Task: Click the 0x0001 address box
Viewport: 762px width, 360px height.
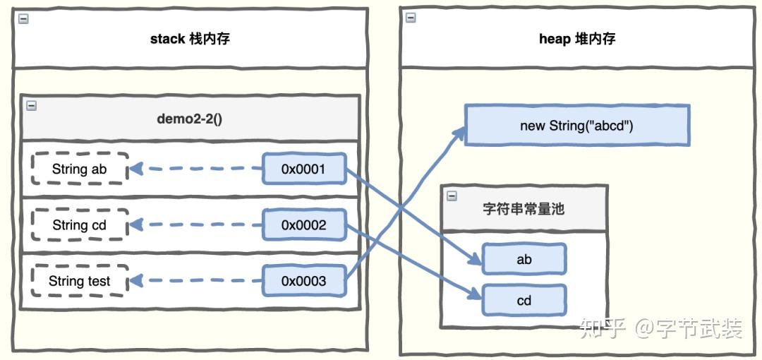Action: pos(304,169)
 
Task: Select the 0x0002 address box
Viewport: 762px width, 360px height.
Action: pos(304,225)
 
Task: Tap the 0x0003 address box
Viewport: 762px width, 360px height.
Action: pos(304,281)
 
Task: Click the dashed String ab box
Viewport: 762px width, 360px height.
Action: pos(80,169)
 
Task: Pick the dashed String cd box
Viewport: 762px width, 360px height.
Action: pos(80,225)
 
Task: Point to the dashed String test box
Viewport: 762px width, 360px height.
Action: pos(80,281)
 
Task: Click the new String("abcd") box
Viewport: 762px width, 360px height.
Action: pos(576,126)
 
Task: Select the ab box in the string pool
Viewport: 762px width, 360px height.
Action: pos(524,259)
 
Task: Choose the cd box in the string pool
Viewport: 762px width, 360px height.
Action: pos(524,301)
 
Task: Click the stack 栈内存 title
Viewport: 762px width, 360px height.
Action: pos(190,39)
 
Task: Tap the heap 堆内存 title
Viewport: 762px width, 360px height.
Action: pos(577,39)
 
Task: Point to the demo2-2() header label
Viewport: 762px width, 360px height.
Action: pos(189,118)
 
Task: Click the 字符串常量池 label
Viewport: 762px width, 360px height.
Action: pos(524,209)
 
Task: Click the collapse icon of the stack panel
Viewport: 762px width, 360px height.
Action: pos(23,19)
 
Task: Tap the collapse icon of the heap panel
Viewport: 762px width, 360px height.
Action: pos(410,18)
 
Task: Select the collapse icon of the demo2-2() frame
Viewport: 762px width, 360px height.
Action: pos(31,106)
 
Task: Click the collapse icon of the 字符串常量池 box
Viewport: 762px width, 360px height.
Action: pos(452,196)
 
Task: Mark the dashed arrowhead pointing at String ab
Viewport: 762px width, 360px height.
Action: pos(135,169)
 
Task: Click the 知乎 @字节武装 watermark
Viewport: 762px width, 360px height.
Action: pos(660,328)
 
